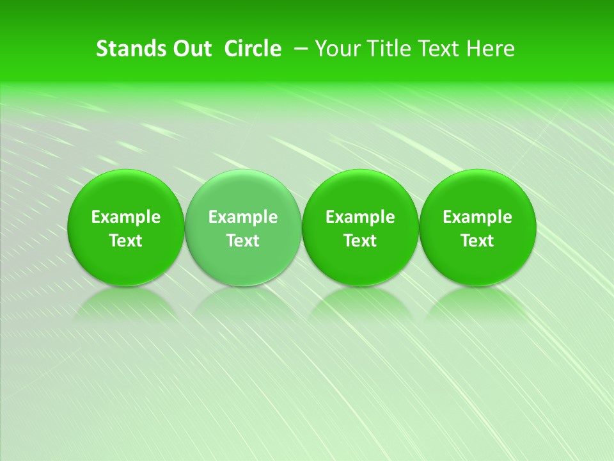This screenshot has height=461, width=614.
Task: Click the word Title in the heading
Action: coord(392,49)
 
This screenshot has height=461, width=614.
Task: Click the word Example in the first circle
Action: coord(125,217)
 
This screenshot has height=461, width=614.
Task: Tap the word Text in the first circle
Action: coord(125,241)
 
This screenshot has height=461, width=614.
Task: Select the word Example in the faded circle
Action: coord(243,217)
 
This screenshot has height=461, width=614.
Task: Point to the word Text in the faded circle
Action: coord(243,241)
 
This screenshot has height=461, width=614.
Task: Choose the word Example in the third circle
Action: coord(360,217)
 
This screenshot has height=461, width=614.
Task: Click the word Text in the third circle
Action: coord(360,241)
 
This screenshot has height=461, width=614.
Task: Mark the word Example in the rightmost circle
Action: coord(477,217)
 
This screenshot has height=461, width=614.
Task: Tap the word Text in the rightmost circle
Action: coord(477,241)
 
